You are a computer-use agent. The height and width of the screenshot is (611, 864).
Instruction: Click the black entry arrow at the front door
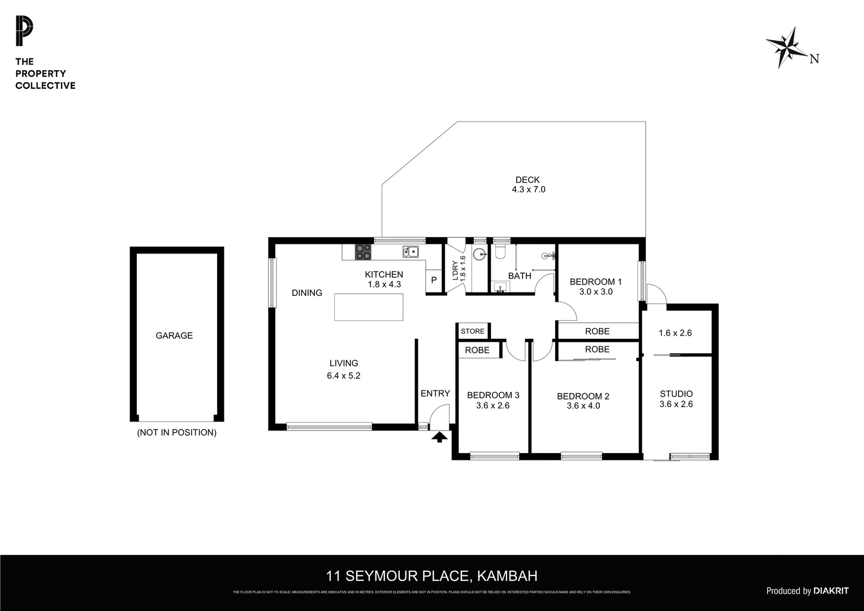(439, 436)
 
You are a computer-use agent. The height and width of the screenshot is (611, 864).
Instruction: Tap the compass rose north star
(787, 48)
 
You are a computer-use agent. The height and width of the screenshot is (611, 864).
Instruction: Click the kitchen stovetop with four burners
(363, 252)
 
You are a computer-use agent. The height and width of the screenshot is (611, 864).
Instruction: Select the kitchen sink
(411, 252)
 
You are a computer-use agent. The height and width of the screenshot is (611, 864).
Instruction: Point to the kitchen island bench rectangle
(368, 307)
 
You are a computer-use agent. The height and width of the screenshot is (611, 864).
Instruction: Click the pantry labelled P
(434, 280)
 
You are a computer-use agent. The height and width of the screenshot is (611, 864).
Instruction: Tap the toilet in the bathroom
(500, 250)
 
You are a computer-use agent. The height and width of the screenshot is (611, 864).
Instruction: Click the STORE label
(473, 331)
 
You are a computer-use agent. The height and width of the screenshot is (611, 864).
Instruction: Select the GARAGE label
(174, 335)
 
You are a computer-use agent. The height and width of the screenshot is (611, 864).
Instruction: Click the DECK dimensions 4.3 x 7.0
(528, 190)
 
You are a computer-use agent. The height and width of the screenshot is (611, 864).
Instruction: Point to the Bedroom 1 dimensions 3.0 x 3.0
(595, 292)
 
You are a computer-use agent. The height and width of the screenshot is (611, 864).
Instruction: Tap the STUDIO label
(676, 394)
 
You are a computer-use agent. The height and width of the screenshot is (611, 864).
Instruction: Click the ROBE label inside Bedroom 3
(477, 350)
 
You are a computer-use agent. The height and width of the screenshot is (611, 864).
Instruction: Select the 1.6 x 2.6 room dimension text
(675, 333)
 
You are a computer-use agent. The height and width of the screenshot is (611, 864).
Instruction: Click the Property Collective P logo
(24, 31)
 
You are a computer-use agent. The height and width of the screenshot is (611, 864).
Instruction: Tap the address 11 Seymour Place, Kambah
(431, 576)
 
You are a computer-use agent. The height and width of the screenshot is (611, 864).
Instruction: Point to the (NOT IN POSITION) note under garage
(176, 432)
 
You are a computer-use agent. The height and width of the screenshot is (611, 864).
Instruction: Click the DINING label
(307, 292)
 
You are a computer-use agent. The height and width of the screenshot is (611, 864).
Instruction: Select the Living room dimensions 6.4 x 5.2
(343, 375)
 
